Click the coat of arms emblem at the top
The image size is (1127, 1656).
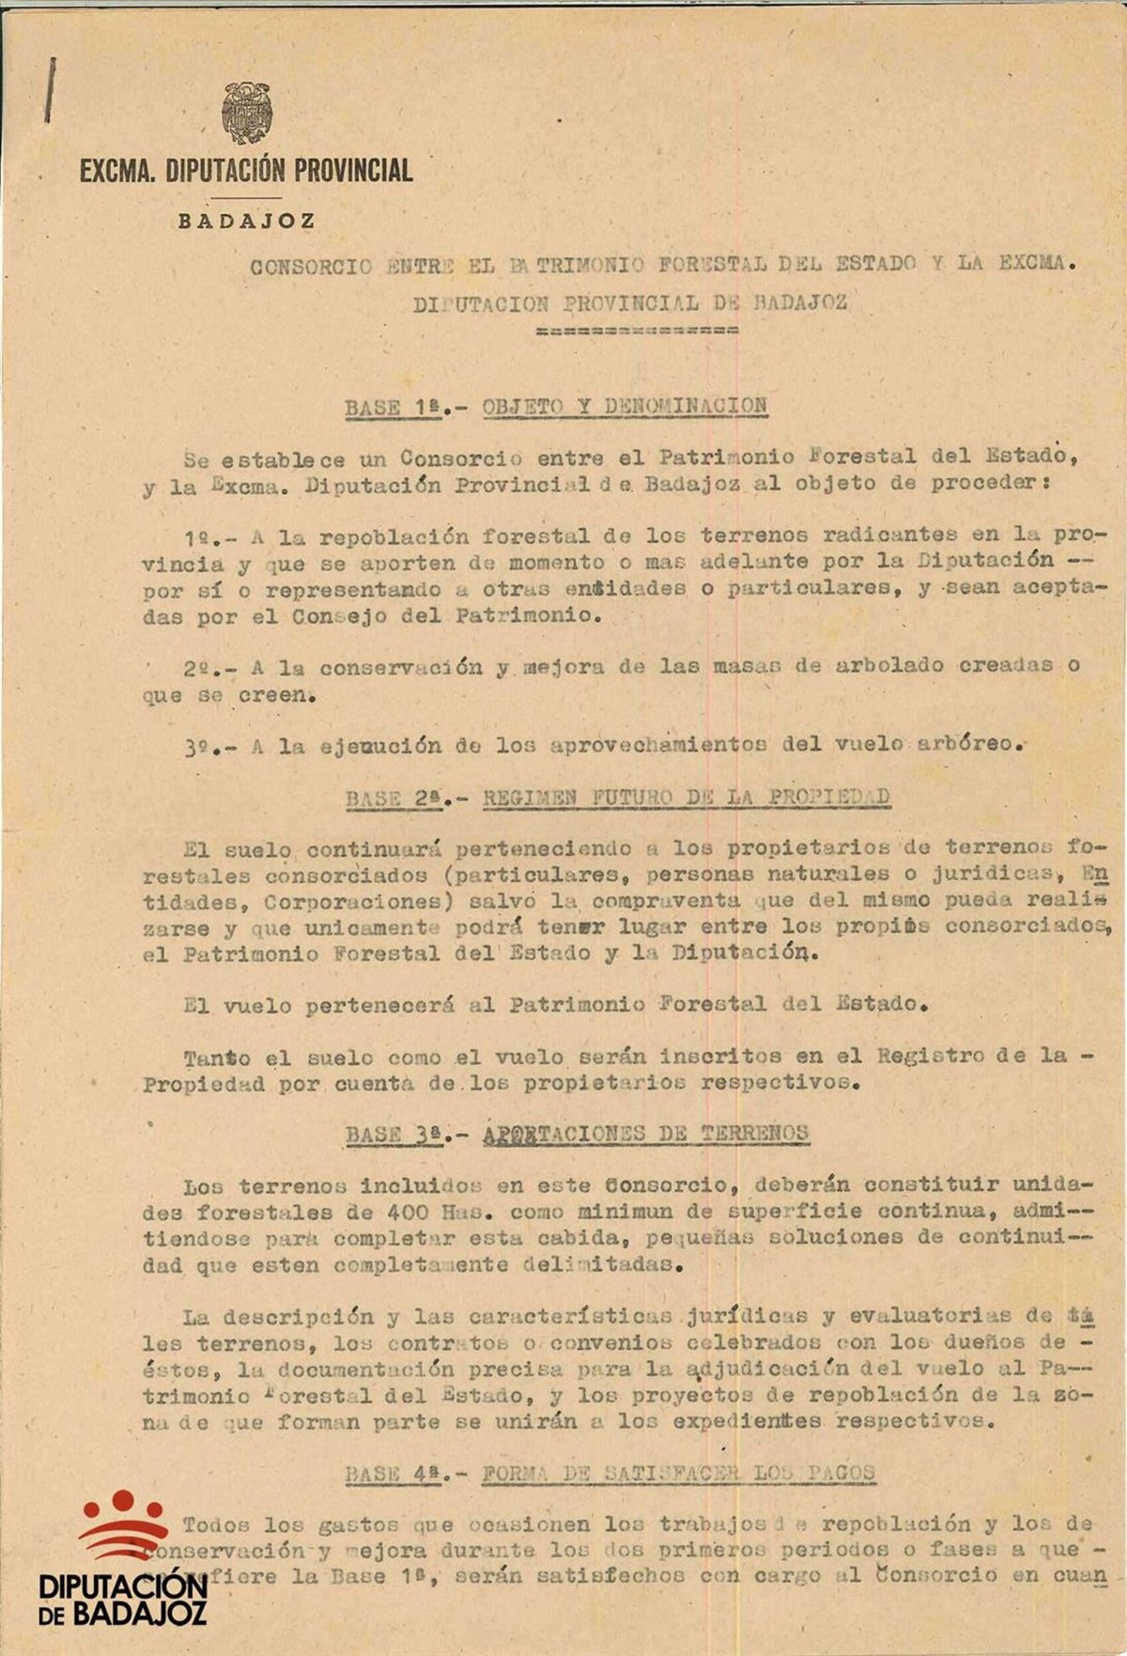pyautogui.click(x=247, y=114)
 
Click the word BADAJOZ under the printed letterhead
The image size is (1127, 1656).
pyautogui.click(x=247, y=223)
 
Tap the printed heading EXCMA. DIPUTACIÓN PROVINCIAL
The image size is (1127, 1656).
pyautogui.click(x=246, y=171)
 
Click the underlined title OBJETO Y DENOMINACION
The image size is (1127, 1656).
pyautogui.click(x=625, y=407)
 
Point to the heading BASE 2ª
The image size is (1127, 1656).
pyautogui.click(x=392, y=798)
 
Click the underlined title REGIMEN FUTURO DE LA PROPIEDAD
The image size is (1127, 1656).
pyautogui.click(x=687, y=797)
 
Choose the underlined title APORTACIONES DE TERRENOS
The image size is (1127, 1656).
pyautogui.click(x=646, y=1134)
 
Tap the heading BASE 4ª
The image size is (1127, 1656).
pyautogui.click(x=392, y=1473)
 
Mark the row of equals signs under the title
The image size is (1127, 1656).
pyautogui.click(x=636, y=330)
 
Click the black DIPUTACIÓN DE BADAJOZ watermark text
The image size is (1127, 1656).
pyautogui.click(x=123, y=1599)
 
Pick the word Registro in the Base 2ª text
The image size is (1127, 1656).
pyautogui.click(x=931, y=1055)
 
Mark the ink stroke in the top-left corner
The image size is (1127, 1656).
pyautogui.click(x=49, y=90)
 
